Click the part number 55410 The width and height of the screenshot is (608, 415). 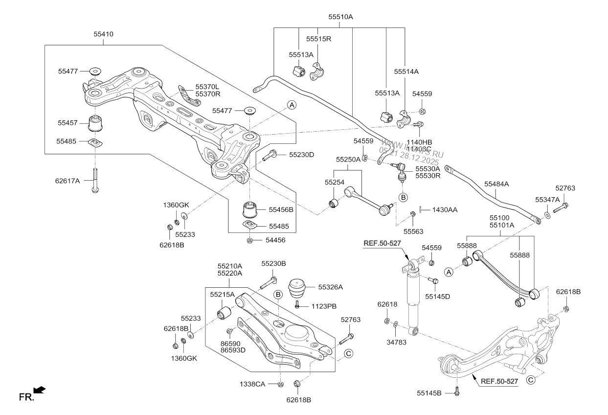point(103,35)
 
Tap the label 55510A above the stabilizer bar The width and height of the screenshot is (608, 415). point(340,17)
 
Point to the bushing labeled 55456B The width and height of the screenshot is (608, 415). point(250,209)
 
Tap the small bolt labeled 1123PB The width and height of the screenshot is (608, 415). point(297,305)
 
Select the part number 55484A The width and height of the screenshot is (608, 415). point(496,184)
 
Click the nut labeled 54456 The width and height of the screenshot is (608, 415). point(249,240)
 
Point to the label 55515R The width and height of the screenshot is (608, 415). point(319,39)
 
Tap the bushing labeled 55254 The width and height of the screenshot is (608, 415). point(335,202)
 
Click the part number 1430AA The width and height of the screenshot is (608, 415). point(445,209)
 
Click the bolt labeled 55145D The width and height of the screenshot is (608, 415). point(433,281)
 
